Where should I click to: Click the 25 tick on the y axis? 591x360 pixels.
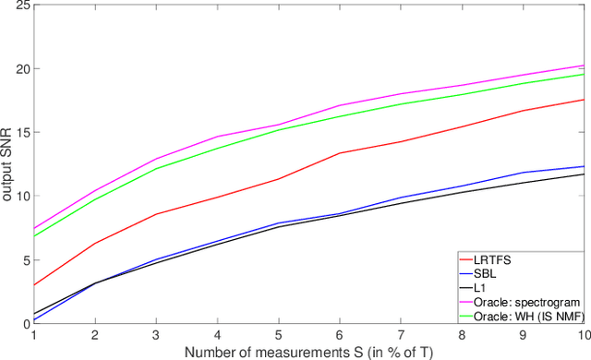[x=22, y=6]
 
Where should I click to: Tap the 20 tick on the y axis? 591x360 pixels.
[x=22, y=69]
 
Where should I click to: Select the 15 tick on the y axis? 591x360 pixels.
[x=22, y=133]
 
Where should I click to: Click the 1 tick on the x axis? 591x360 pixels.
[x=34, y=334]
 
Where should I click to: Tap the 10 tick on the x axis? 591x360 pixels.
[x=582, y=334]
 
